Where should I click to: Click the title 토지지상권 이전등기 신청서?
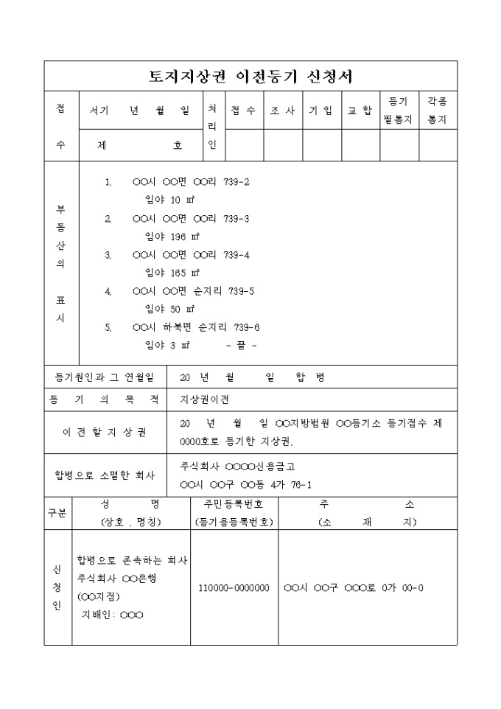(x=251, y=76)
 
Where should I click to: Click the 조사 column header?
(x=282, y=111)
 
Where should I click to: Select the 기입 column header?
(x=320, y=111)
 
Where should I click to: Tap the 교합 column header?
(x=360, y=111)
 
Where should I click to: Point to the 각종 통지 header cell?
(x=438, y=110)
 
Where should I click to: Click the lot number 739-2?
(x=237, y=182)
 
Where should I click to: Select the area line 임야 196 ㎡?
(x=172, y=237)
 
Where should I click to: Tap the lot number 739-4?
(x=237, y=255)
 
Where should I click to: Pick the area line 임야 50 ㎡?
(x=169, y=309)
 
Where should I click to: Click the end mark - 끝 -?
(x=242, y=345)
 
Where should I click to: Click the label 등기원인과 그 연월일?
(x=105, y=377)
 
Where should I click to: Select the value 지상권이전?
(x=205, y=399)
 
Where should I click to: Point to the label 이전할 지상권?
(x=104, y=432)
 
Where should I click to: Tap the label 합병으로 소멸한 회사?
(x=104, y=475)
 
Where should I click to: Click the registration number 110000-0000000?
(x=234, y=588)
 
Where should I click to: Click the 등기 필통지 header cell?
(x=399, y=110)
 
